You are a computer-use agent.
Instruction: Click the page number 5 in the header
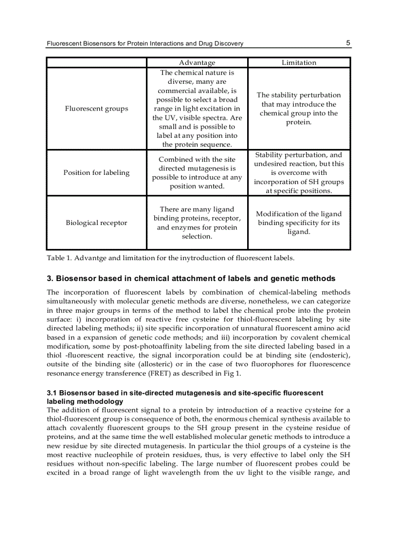click(x=348, y=43)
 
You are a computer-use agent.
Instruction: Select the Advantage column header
click(x=197, y=62)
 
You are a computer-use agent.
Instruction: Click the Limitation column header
click(x=299, y=62)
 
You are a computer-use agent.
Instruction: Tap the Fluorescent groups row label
click(x=96, y=109)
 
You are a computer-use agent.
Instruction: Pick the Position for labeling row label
click(x=96, y=173)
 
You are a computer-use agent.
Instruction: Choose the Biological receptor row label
click(x=96, y=223)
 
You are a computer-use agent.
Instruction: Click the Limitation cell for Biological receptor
click(x=299, y=223)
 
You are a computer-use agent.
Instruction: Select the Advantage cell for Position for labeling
click(x=197, y=173)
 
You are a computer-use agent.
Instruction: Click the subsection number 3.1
click(x=52, y=393)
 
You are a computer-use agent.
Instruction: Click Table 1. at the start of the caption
click(x=59, y=258)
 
